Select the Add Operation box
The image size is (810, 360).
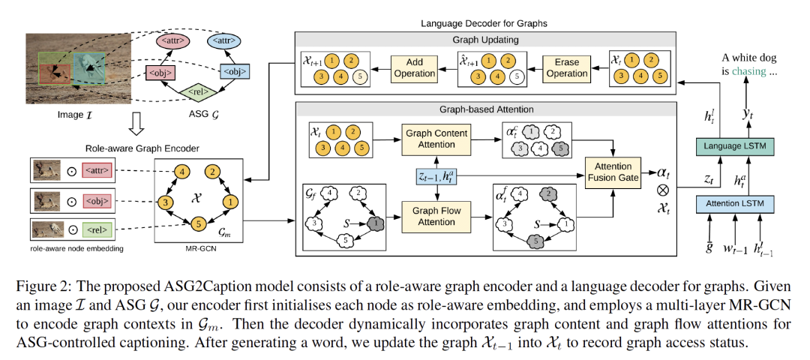tap(414, 67)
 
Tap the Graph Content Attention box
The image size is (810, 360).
tap(437, 139)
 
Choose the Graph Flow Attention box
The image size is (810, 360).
tap(437, 217)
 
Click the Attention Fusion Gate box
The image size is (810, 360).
tap(613, 172)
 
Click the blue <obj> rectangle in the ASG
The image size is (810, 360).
tap(235, 70)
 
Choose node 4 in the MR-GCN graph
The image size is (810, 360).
tap(181, 171)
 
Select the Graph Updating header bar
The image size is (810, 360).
tap(485, 38)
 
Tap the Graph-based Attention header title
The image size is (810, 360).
tap(486, 109)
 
